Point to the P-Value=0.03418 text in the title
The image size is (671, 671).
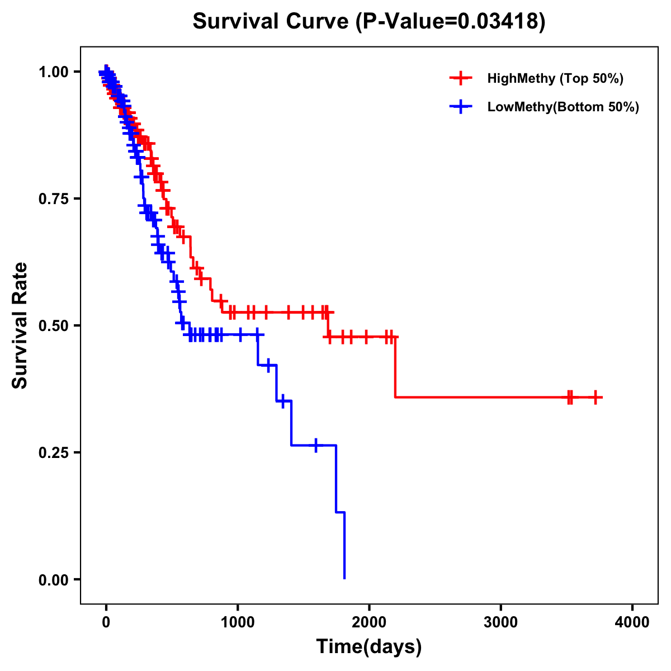(451, 21)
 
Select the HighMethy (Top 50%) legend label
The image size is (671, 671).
(555, 78)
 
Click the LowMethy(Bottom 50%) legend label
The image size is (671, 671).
(563, 107)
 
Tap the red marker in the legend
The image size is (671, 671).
(460, 78)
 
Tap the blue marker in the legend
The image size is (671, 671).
(460, 107)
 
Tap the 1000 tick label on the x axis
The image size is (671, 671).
(238, 622)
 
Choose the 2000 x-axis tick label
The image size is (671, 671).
(369, 622)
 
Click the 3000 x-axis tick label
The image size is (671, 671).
(500, 622)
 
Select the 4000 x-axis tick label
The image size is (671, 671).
(632, 622)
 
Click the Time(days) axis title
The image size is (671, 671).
(369, 647)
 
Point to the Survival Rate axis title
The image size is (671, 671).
(20, 325)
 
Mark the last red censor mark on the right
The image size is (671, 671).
(596, 397)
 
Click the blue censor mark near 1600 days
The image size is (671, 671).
(316, 445)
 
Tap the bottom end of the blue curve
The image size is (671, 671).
(344, 578)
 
